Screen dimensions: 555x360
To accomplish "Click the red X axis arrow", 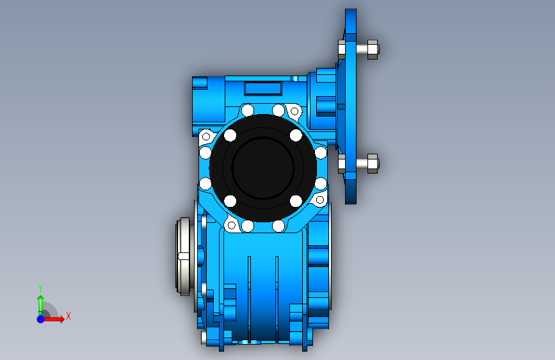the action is (53, 319).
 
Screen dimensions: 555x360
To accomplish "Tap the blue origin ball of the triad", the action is (41, 319).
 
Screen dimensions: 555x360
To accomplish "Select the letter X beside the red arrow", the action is (68, 316).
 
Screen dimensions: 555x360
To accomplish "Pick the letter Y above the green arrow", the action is (40, 288).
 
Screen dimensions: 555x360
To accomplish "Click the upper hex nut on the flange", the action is (373, 49).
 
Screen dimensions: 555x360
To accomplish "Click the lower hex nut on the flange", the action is (373, 163).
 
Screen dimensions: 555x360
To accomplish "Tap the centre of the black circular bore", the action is (262, 168).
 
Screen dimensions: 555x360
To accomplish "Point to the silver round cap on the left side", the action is (183, 256).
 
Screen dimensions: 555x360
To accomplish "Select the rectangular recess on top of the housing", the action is (262, 88).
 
